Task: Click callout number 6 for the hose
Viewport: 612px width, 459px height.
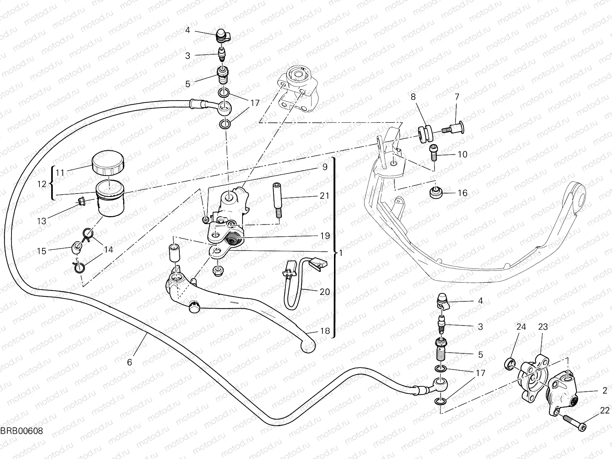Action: [129, 362]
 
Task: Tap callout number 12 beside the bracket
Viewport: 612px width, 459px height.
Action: [42, 184]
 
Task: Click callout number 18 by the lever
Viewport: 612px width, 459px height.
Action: [325, 331]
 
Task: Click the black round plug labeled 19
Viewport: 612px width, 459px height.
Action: [232, 240]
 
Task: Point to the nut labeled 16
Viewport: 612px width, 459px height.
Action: [435, 193]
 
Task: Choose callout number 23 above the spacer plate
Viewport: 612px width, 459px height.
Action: [543, 327]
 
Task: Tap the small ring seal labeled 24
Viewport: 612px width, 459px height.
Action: [510, 363]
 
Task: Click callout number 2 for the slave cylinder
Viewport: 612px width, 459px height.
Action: [605, 391]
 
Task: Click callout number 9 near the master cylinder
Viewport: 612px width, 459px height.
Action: [325, 167]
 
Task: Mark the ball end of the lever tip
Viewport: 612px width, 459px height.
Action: [308, 347]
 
